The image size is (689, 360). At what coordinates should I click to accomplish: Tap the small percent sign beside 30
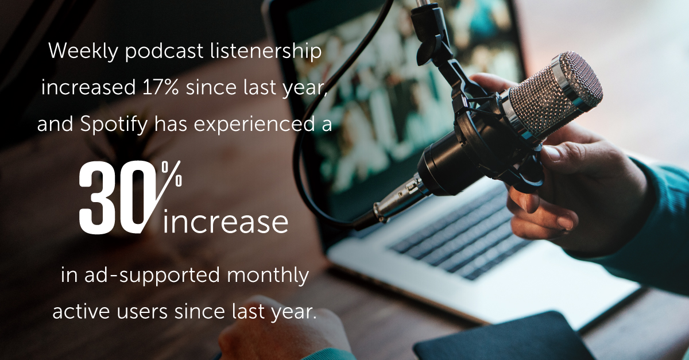(x=172, y=173)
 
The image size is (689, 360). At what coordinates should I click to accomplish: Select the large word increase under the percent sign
(x=225, y=222)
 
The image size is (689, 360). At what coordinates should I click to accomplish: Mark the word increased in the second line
(x=83, y=88)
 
